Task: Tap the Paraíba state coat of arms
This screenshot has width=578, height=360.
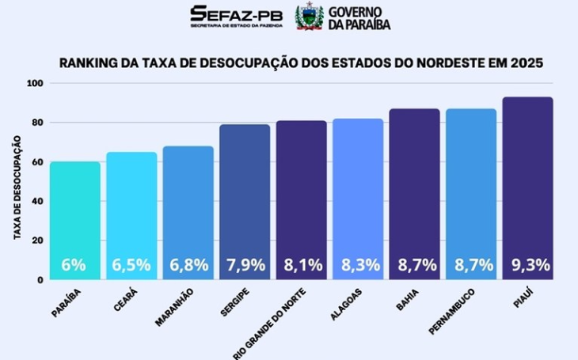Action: (309, 17)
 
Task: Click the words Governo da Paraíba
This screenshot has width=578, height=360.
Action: (354, 17)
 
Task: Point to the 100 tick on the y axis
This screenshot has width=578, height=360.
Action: (34, 84)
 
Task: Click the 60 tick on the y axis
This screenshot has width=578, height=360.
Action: (36, 162)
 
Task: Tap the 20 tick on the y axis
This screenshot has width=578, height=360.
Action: (36, 241)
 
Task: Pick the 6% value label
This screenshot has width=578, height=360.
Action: (74, 266)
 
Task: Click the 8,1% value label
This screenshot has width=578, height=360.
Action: (302, 266)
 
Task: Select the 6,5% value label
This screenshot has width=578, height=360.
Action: (131, 266)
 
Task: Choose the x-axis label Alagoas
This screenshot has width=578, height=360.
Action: (346, 303)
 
